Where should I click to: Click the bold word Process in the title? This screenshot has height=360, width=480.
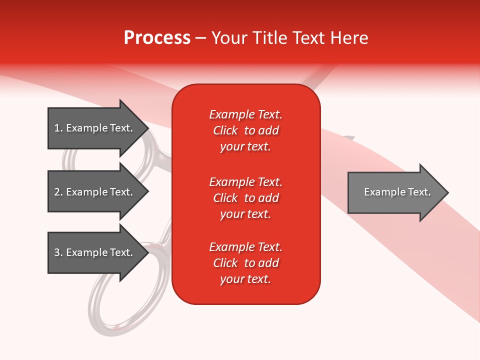pos(157,38)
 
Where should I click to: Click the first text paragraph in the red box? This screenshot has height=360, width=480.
pos(245,130)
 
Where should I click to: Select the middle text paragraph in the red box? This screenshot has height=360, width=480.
pos(245,198)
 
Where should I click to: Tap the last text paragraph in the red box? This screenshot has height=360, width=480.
pos(245,263)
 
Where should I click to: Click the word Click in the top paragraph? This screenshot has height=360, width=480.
pos(225,130)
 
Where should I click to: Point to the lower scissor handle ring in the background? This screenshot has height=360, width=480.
pos(115,305)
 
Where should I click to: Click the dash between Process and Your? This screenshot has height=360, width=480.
pos(200,38)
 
